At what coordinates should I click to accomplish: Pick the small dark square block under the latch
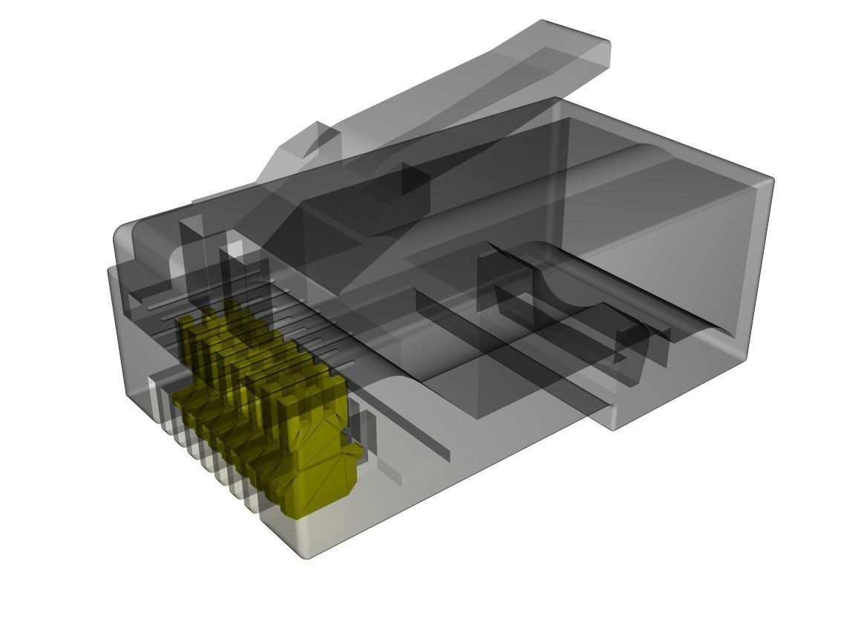(x=416, y=178)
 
